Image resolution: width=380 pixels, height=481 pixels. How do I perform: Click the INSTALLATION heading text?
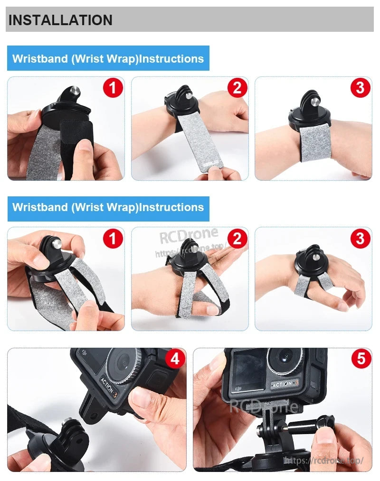(60, 20)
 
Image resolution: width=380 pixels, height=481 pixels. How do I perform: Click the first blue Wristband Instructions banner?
(108, 59)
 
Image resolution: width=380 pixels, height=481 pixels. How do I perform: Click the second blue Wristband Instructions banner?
(108, 207)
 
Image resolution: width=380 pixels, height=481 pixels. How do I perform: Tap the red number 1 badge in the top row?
(113, 88)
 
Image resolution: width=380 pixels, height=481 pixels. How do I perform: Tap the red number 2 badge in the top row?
(237, 88)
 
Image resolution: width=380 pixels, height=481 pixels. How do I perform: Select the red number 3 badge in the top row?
(360, 88)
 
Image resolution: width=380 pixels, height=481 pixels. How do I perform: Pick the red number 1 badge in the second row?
(113, 238)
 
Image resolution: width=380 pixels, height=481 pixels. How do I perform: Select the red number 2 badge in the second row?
(237, 238)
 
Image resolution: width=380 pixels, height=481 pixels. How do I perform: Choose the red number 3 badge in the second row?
(360, 238)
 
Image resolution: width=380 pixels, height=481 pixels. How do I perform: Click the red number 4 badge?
(175, 359)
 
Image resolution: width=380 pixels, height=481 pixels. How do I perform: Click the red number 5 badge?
(361, 359)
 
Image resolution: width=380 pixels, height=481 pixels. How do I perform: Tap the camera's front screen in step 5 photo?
(247, 370)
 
